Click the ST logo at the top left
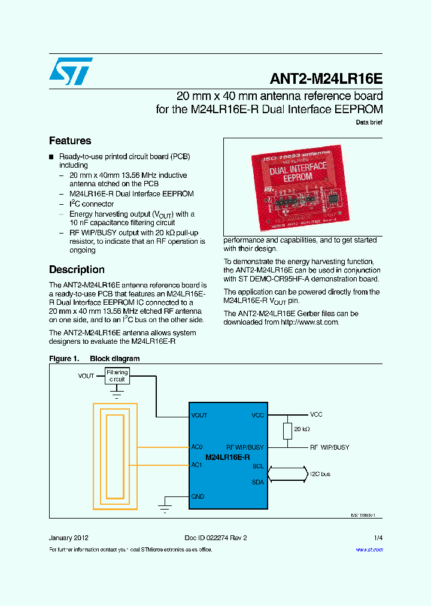(71, 71)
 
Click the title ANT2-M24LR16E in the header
(326, 80)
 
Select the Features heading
(70, 141)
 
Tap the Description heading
(77, 269)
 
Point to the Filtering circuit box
(117, 376)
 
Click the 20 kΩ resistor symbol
(288, 430)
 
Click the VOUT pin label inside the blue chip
(199, 415)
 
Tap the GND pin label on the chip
(198, 496)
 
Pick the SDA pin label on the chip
(258, 482)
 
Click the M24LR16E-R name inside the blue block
(227, 457)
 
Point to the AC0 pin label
(197, 447)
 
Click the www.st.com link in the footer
(369, 549)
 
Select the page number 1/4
(378, 538)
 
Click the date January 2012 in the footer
(69, 538)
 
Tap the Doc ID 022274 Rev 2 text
(215, 538)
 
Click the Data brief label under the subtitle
(369, 122)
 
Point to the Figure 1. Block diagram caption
(95, 359)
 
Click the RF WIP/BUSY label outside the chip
(329, 447)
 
